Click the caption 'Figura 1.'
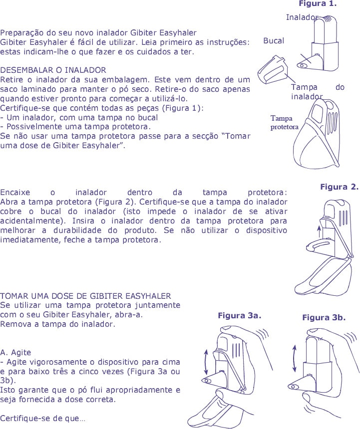coord(318,4)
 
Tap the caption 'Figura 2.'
coord(339,187)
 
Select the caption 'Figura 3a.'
coord(240,315)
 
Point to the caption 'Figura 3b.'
coord(324,318)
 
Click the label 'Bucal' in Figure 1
coord(274,41)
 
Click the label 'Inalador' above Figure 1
coord(302,17)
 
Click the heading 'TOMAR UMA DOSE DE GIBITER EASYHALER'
coord(85,296)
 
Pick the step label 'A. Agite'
coord(15,352)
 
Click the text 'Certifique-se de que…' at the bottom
coord(42,419)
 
